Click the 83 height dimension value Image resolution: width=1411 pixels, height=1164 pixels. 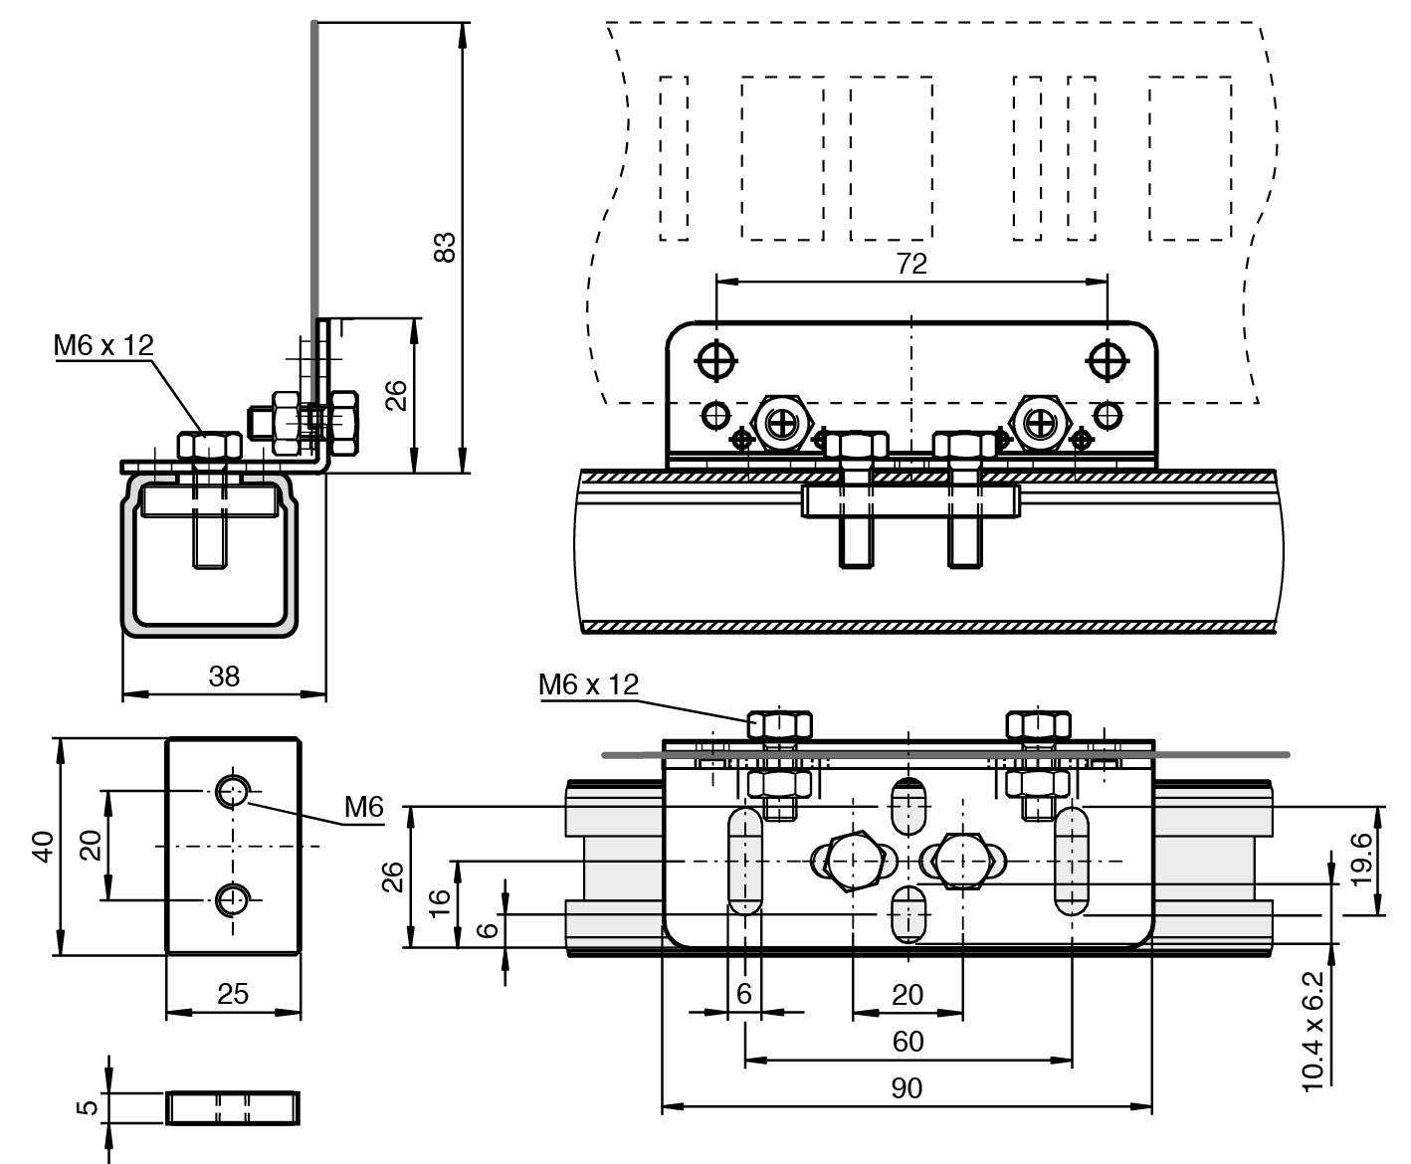(447, 246)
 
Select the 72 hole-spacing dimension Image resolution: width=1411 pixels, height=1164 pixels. (910, 264)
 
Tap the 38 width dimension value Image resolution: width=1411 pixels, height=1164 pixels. (224, 677)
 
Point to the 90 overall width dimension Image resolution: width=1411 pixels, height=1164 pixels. (907, 1088)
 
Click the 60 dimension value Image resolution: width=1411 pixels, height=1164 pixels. (907, 1042)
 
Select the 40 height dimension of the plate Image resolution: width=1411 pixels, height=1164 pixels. (42, 847)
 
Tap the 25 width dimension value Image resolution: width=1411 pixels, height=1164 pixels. (233, 994)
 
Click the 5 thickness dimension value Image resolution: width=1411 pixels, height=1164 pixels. (87, 1106)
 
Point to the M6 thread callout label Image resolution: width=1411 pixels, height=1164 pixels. (363, 808)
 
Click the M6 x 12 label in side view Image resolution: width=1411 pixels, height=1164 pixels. (103, 345)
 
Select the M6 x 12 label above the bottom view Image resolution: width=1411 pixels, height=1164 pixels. (588, 684)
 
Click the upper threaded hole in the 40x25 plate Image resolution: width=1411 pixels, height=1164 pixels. (233, 792)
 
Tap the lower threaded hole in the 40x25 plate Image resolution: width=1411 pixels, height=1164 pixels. (233, 901)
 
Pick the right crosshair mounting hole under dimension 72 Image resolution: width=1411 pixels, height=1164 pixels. (1107, 360)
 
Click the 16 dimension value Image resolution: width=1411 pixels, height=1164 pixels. (439, 901)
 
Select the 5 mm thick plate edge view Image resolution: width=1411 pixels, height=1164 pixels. (233, 1106)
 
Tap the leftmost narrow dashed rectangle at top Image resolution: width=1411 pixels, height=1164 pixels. (674, 157)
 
